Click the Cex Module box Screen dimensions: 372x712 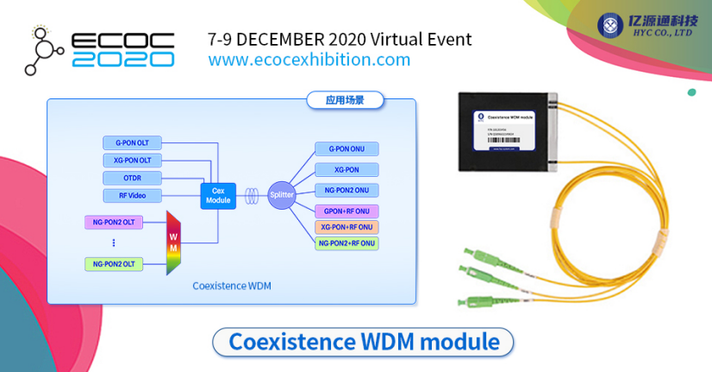218,195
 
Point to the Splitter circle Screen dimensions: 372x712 282,195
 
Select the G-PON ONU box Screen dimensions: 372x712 347,149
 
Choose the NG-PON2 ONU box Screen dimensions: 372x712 347,190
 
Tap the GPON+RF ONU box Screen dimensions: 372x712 347,211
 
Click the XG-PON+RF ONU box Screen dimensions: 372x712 347,227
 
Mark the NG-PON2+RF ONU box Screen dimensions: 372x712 347,243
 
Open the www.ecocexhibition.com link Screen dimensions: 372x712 309,60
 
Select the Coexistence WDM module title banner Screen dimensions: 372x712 363,342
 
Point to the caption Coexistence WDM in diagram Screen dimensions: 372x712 232,287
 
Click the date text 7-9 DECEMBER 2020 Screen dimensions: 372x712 287,39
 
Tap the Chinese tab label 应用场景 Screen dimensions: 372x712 345,100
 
